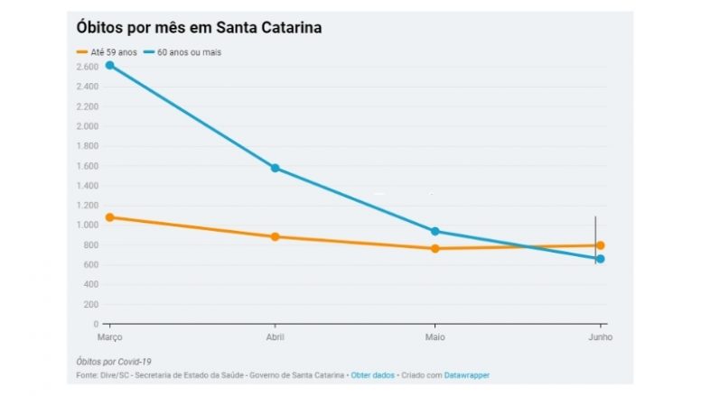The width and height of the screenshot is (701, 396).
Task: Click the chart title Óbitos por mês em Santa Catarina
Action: (x=199, y=28)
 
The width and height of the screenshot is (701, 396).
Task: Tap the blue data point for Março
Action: (x=109, y=65)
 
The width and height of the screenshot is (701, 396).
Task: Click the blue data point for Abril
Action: (x=275, y=168)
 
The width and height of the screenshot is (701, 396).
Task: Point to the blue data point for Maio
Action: (x=435, y=231)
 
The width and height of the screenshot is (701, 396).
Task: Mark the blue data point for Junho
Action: (x=600, y=259)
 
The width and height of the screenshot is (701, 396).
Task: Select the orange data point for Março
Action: (x=109, y=216)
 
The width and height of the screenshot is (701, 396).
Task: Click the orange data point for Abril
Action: (x=275, y=236)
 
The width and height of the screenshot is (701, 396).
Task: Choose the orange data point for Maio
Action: (x=435, y=248)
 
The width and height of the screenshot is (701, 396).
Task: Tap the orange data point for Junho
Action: (x=600, y=245)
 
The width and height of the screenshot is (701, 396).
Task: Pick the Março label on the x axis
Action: (x=109, y=336)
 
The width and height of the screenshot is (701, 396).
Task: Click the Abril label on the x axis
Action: (x=275, y=336)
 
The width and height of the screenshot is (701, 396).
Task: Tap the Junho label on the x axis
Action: (x=598, y=336)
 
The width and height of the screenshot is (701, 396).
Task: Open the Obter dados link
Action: (x=372, y=374)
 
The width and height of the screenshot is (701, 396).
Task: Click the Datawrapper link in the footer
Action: (x=467, y=374)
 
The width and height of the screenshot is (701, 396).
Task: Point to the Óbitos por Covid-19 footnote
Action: (x=114, y=361)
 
